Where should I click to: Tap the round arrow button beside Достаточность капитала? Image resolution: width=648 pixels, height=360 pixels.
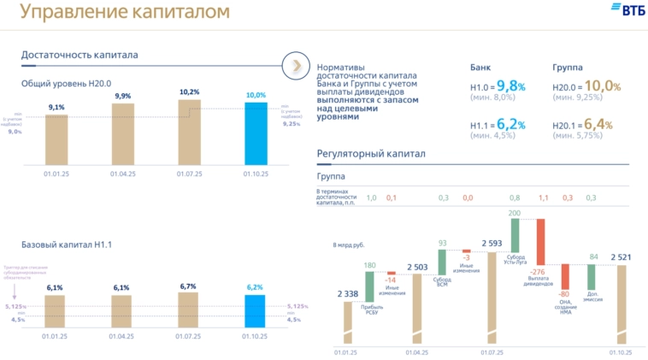(295, 64)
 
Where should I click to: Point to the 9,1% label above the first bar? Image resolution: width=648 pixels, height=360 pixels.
(56, 107)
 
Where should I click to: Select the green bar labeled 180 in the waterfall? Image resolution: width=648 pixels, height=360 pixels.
(369, 281)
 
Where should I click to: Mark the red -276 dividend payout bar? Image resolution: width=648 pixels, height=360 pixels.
(540, 242)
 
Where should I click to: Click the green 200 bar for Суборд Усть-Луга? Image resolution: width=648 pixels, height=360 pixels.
(515, 235)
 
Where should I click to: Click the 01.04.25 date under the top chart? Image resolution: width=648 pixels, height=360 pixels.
(122, 173)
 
